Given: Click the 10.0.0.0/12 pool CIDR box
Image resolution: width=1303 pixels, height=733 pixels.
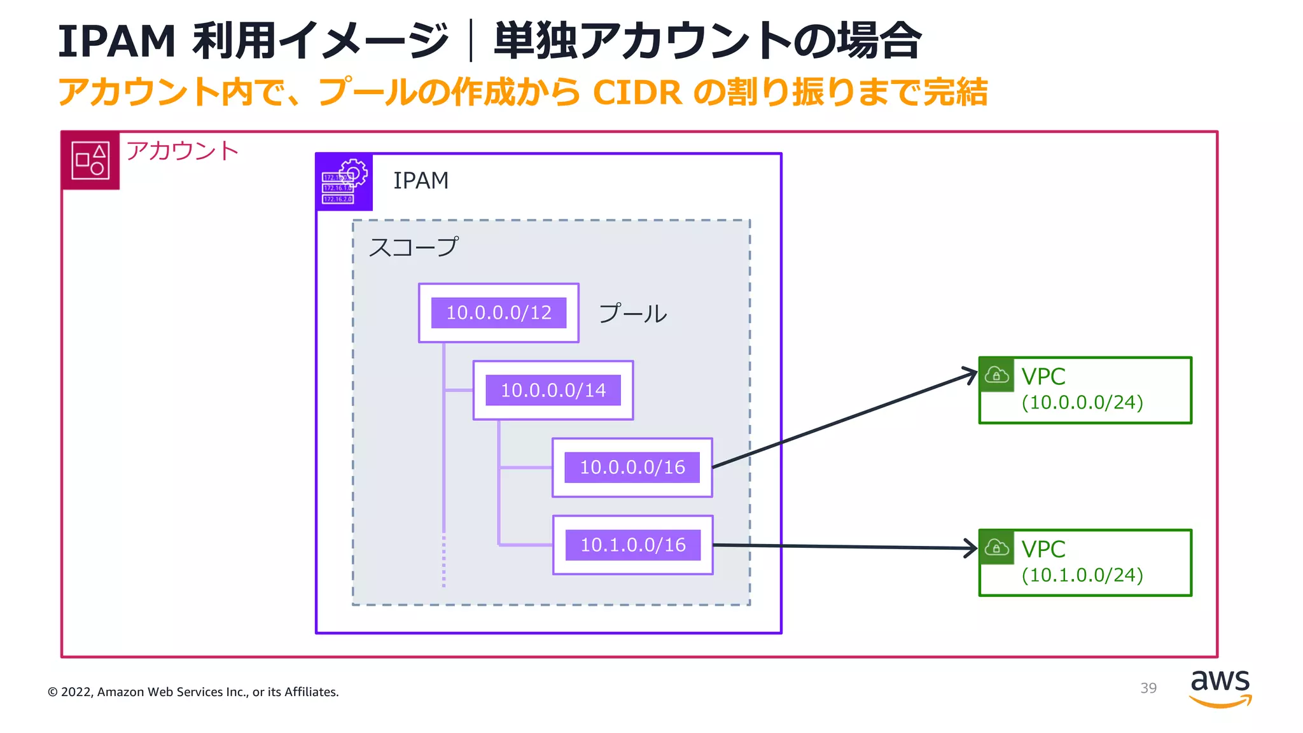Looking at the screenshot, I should pyautogui.click(x=498, y=313).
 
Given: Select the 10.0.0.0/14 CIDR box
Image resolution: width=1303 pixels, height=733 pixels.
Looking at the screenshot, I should pyautogui.click(x=553, y=390).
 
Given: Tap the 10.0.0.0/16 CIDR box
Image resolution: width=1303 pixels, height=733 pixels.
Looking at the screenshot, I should pyautogui.click(x=632, y=468).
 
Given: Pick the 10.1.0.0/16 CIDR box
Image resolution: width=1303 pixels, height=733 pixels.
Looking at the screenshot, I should pyautogui.click(x=632, y=545).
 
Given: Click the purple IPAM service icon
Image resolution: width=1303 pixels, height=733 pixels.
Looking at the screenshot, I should pyautogui.click(x=344, y=182).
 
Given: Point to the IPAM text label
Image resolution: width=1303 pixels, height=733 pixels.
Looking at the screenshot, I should pyautogui.click(x=421, y=181).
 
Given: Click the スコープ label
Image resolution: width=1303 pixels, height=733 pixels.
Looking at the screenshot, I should pyautogui.click(x=414, y=247).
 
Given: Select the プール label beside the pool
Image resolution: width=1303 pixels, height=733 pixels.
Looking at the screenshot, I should pyautogui.click(x=632, y=314).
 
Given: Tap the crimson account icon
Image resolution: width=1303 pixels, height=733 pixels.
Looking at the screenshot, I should pyautogui.click(x=90, y=160).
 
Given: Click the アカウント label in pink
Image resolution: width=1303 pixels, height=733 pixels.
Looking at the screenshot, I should pyautogui.click(x=182, y=151).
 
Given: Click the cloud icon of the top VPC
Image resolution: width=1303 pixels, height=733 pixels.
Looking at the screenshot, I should pyautogui.click(x=996, y=375).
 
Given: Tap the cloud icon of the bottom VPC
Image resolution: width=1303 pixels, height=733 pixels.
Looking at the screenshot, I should pyautogui.click(x=996, y=547).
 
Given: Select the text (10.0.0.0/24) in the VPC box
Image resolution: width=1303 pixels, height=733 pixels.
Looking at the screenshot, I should pyautogui.click(x=1082, y=403).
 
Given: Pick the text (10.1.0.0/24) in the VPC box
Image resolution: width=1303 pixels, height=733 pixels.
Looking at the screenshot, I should pyautogui.click(x=1082, y=575).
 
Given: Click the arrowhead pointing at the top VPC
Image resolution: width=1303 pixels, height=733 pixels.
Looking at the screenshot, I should pyautogui.click(x=972, y=374).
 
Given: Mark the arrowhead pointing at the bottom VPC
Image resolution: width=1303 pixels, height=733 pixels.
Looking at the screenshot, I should pyautogui.click(x=972, y=548).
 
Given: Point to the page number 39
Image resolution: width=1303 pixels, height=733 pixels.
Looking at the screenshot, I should pyautogui.click(x=1148, y=688).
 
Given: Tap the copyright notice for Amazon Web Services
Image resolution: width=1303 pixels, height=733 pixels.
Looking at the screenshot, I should pyautogui.click(x=193, y=692).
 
